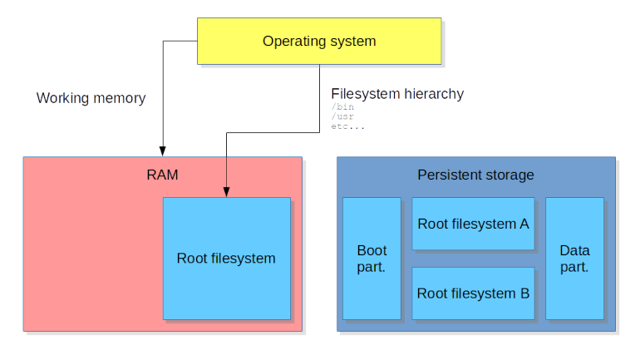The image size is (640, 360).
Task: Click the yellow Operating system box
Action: [x=319, y=41]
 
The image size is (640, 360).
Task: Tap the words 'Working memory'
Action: [x=91, y=98]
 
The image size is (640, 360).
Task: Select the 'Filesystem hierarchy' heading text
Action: [x=397, y=94]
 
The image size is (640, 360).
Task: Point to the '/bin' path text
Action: [x=342, y=106]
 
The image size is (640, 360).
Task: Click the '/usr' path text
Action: [x=342, y=116]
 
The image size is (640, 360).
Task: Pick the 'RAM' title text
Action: [x=162, y=175]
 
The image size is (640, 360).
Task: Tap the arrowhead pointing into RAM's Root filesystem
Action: [x=226, y=192]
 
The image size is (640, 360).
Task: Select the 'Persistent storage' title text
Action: [x=475, y=175]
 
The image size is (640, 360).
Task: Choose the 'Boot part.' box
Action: [x=372, y=259]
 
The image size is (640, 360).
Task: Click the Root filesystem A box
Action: [x=473, y=224]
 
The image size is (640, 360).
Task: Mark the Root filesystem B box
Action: [x=473, y=293]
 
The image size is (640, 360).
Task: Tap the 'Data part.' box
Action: [x=574, y=259]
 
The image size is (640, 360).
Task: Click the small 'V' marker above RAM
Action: [x=163, y=151]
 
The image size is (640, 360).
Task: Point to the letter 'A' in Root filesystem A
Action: [x=524, y=224]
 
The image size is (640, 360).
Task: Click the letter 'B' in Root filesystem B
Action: [x=524, y=293]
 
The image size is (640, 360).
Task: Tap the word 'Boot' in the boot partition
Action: [x=372, y=250]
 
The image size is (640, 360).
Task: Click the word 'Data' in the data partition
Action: [x=574, y=250]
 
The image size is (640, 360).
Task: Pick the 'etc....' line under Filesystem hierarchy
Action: [x=347, y=126]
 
